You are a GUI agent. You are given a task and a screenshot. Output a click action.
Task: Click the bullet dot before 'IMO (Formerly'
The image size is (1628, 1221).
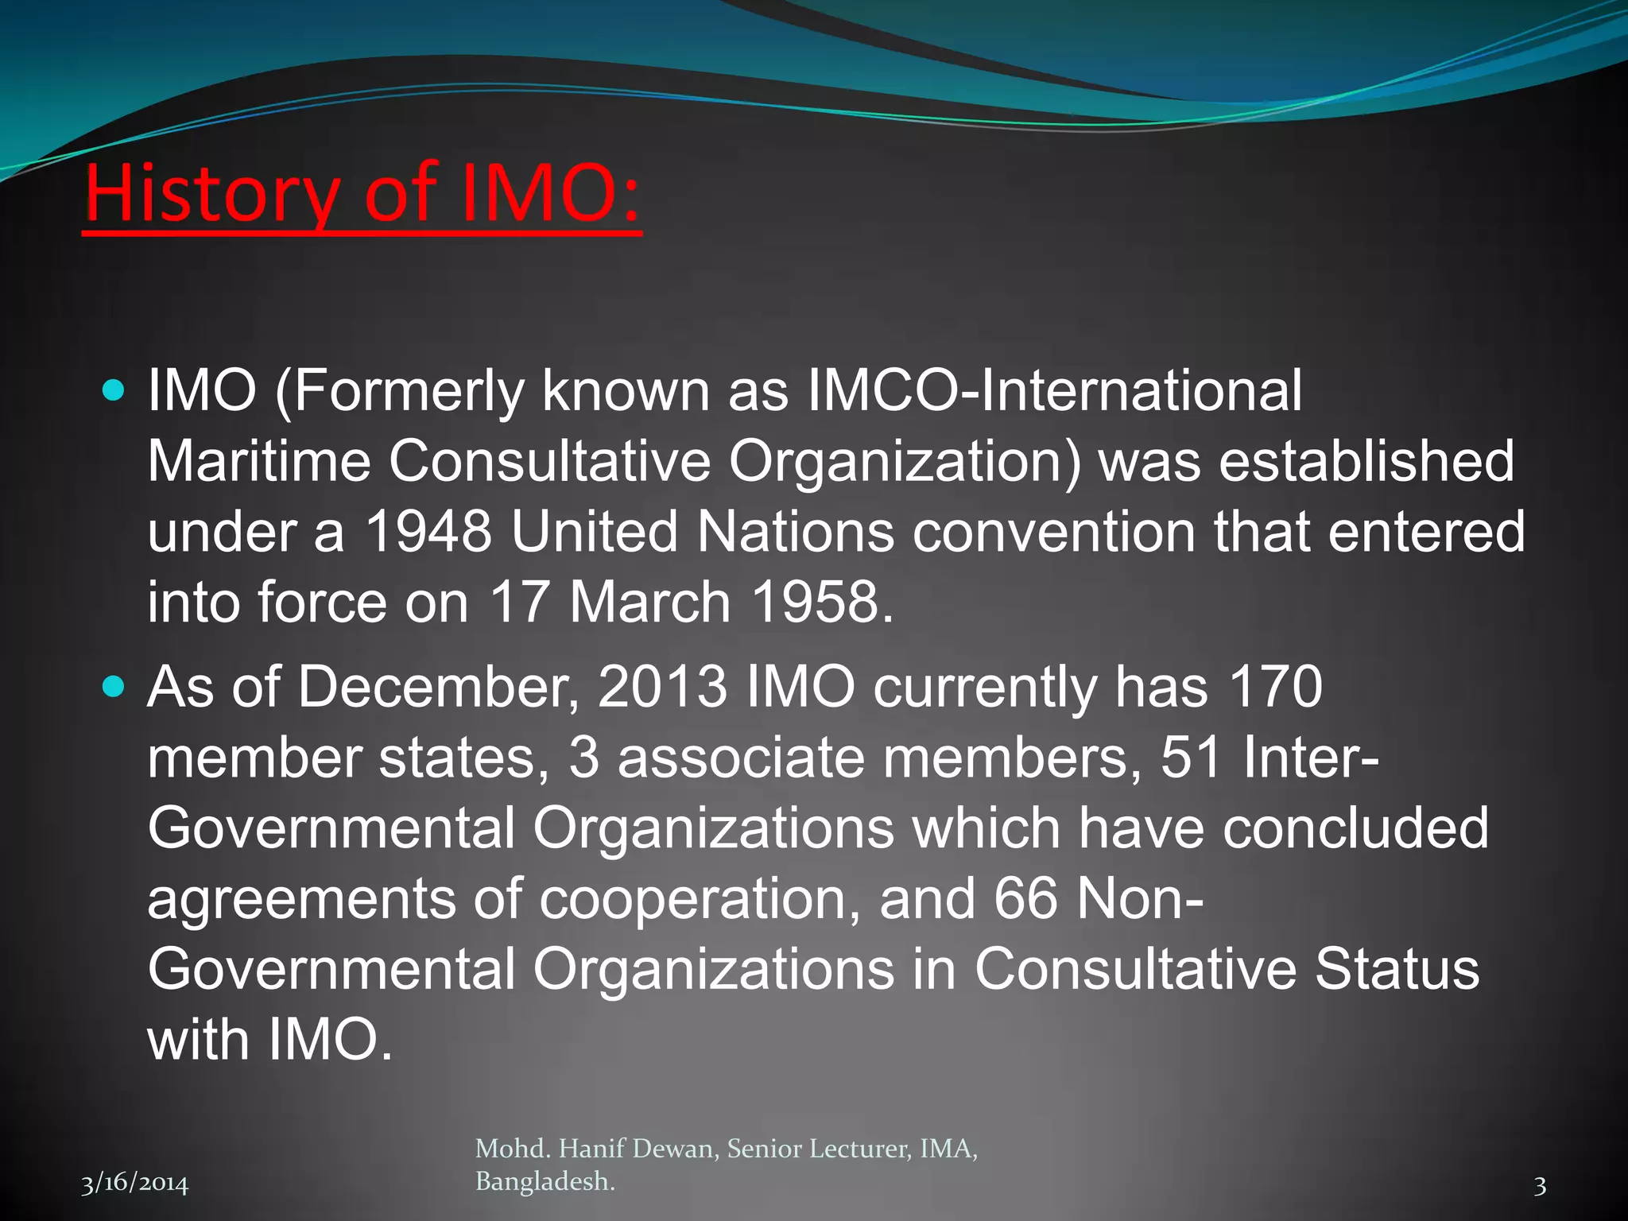pos(114,390)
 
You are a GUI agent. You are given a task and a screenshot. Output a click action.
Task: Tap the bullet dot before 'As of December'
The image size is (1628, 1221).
pos(114,686)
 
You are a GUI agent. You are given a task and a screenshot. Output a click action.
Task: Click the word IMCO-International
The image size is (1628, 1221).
pos(1054,390)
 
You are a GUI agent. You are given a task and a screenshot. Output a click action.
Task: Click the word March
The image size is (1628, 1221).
pos(649,602)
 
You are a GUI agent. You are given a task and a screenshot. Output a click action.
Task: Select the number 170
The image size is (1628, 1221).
pos(1275,686)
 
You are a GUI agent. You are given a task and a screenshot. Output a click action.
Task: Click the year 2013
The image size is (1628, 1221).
pos(661,686)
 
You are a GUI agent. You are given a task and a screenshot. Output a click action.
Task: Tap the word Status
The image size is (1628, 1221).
pos(1396,969)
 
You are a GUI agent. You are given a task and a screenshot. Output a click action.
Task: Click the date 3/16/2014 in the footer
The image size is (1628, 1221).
pos(135,1184)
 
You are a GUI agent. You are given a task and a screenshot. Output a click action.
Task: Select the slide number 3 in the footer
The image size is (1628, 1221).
pos(1540,1186)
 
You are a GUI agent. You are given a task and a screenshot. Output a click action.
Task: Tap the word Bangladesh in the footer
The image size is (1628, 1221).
pos(545,1182)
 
